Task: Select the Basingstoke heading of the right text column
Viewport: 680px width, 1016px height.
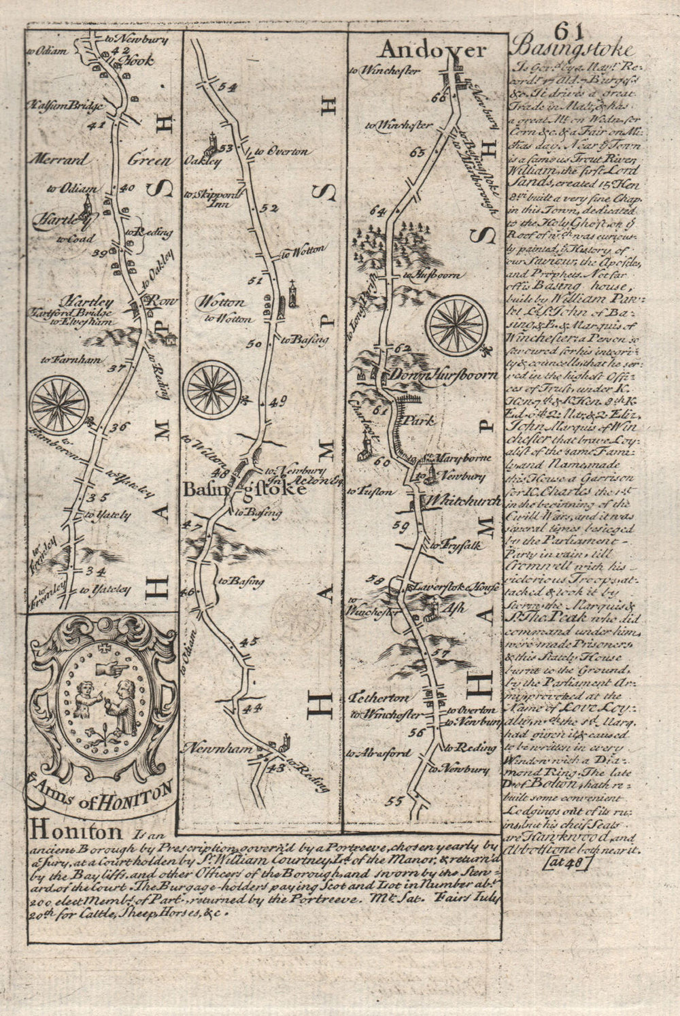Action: [574, 51]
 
